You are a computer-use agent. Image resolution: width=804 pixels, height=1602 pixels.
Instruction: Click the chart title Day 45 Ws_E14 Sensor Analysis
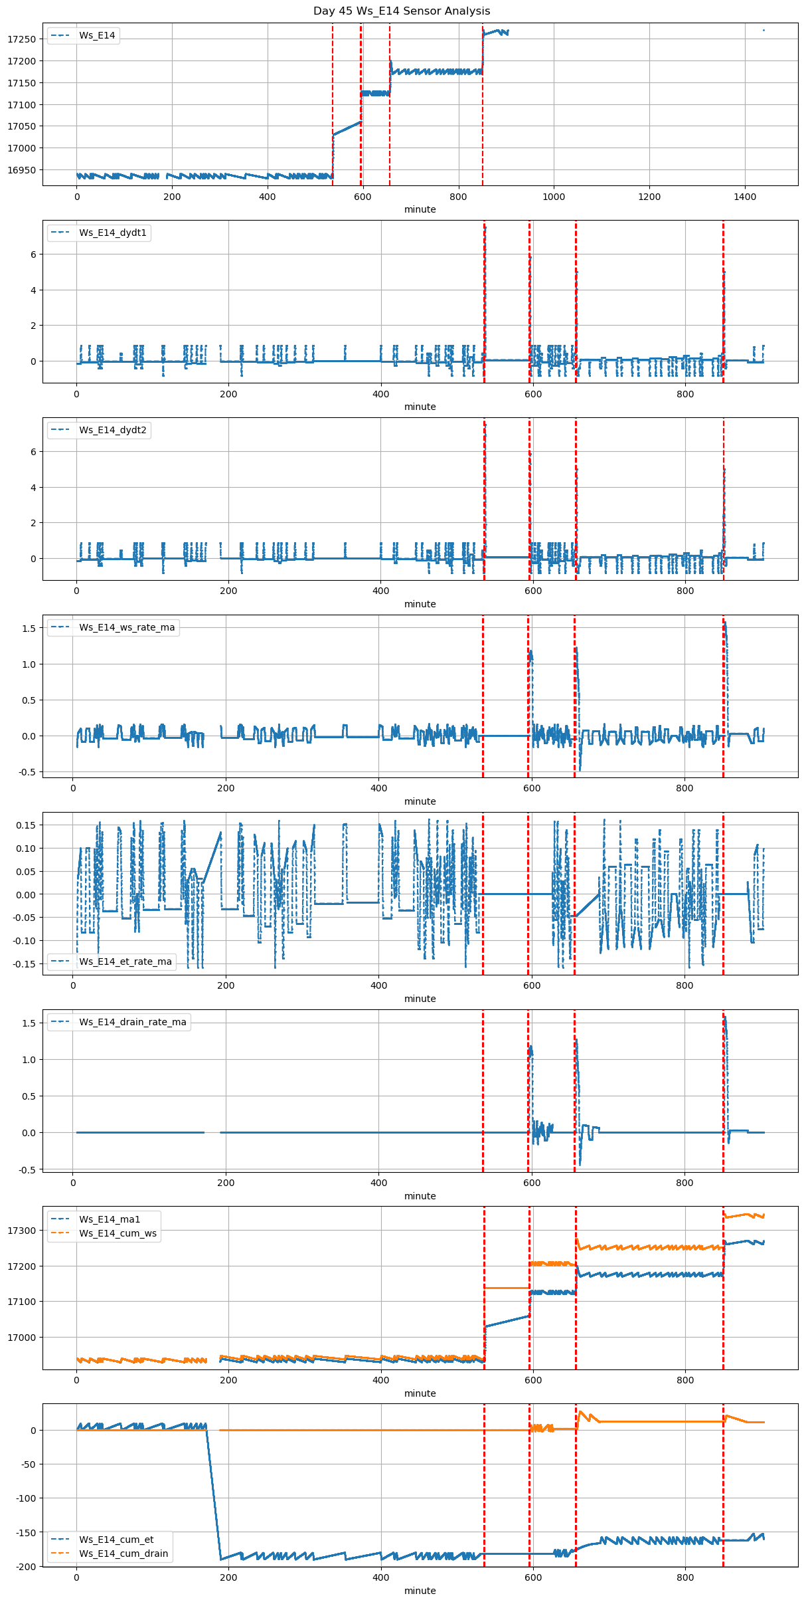[x=402, y=11]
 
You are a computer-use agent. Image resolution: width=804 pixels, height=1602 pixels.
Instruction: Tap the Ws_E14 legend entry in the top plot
[x=97, y=36]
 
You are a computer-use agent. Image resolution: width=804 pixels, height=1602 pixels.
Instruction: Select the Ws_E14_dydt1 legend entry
[x=112, y=233]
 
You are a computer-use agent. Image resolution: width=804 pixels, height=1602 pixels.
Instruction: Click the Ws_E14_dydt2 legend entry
[x=112, y=431]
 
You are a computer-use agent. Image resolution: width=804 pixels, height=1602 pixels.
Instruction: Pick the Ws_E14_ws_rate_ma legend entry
[x=126, y=628]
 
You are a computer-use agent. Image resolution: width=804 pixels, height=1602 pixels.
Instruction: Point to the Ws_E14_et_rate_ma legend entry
[x=125, y=961]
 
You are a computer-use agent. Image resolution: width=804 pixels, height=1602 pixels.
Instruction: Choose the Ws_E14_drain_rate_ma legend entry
[x=132, y=1022]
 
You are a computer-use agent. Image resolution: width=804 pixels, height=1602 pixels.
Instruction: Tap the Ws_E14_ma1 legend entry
[x=110, y=1219]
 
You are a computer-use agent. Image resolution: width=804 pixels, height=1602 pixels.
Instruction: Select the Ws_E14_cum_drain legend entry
[x=123, y=1553]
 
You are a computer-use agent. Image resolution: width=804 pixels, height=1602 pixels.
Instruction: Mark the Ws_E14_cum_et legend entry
[x=116, y=1540]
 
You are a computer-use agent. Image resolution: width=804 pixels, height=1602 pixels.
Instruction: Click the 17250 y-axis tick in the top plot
[x=22, y=39]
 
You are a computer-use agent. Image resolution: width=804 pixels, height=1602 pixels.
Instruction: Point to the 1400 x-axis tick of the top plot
[x=745, y=197]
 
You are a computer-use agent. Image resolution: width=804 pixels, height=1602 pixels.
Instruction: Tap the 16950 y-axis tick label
[x=22, y=170]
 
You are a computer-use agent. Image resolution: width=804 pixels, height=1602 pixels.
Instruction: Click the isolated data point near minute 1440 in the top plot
[x=764, y=30]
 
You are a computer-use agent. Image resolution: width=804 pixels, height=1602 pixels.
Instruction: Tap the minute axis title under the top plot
[x=420, y=209]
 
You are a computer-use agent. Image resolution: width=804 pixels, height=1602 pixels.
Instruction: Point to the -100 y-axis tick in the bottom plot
[x=26, y=1498]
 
